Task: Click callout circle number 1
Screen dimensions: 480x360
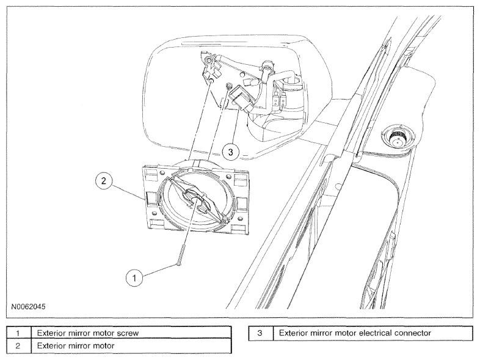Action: click(134, 278)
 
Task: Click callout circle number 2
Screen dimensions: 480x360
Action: click(103, 181)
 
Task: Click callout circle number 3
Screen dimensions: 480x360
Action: click(230, 152)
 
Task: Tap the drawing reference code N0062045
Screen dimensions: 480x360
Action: click(28, 306)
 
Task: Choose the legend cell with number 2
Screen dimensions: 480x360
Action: click(19, 346)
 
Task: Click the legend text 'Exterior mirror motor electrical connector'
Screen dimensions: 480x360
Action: click(355, 332)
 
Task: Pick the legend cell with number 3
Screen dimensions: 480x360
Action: click(261, 333)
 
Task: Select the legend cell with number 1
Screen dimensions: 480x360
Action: click(19, 333)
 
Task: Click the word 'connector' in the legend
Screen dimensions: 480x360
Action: click(413, 332)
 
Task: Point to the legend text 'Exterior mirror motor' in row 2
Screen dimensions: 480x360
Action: click(76, 345)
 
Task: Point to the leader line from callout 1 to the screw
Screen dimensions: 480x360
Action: click(159, 271)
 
